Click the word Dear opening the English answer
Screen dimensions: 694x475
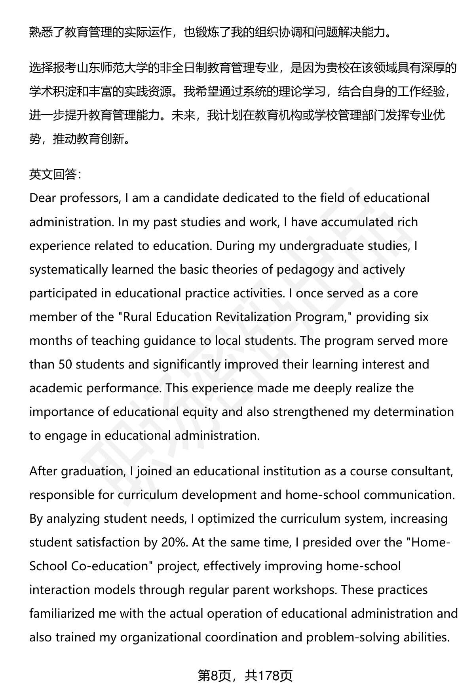tap(43, 198)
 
